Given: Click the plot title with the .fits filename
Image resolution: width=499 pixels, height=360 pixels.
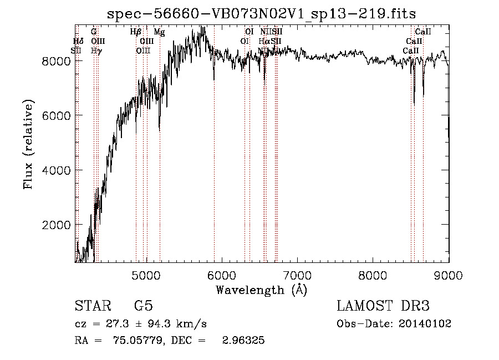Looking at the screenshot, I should pos(261,13).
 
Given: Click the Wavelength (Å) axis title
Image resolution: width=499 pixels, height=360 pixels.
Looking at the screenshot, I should pos(261,290).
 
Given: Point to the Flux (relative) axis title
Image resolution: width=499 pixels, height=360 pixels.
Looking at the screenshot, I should pos(28,145).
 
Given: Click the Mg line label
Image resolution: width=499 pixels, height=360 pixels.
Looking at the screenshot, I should pos(159,32).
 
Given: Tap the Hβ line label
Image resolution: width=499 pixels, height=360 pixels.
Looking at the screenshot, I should pos(136,32).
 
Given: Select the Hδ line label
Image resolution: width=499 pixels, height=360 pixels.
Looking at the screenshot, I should pos(78,41).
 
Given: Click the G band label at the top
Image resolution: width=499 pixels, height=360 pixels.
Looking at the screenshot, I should pos(94,32).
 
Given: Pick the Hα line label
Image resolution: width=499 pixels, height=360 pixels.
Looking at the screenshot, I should pos(264,41).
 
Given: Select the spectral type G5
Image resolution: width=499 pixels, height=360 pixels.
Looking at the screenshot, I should pos(143,306).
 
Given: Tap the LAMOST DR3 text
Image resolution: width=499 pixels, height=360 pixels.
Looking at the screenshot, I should pos(383,306).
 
